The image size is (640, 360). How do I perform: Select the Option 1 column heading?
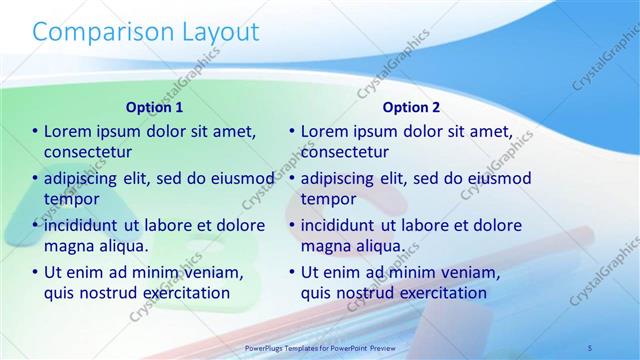click(154, 107)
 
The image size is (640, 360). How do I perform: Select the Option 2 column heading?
click(411, 107)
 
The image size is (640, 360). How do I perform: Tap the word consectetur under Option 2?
click(345, 152)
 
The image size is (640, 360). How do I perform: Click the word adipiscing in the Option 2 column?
click(342, 178)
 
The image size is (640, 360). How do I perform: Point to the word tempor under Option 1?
click(71, 199)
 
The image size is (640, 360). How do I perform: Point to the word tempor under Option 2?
click(328, 199)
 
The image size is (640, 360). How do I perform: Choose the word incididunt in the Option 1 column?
click(87, 225)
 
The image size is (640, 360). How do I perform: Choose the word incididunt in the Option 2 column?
click(344, 225)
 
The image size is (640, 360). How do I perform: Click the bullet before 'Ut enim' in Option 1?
click(35, 272)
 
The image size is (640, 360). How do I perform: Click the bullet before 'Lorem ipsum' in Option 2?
click(292, 131)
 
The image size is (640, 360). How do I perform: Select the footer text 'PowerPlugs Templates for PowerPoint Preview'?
click(320, 348)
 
